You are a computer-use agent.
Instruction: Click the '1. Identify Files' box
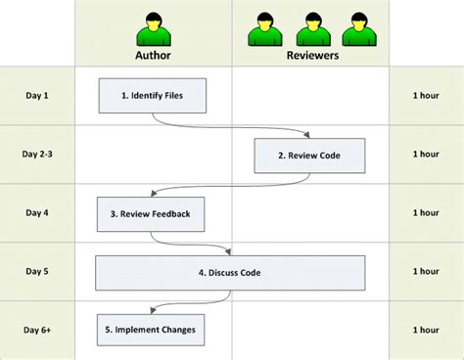[x=152, y=96]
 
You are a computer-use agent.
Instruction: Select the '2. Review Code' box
[x=309, y=155]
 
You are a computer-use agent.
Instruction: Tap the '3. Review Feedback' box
[x=151, y=213]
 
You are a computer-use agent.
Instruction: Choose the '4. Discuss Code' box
[x=230, y=272]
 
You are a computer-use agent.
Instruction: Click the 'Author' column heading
[x=153, y=56]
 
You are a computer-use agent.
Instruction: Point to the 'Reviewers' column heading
[x=312, y=56]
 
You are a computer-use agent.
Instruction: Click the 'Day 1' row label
[x=37, y=95]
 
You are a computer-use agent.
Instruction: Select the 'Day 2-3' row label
[x=37, y=154]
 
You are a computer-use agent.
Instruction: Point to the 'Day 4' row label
[x=37, y=212]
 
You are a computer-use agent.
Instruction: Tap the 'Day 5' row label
[x=37, y=271]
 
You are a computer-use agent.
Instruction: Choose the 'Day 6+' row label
[x=37, y=330]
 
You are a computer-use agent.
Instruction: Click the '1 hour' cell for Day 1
[x=426, y=95]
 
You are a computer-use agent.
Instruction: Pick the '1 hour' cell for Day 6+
[x=426, y=330]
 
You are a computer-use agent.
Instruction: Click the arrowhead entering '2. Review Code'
[x=308, y=135]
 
